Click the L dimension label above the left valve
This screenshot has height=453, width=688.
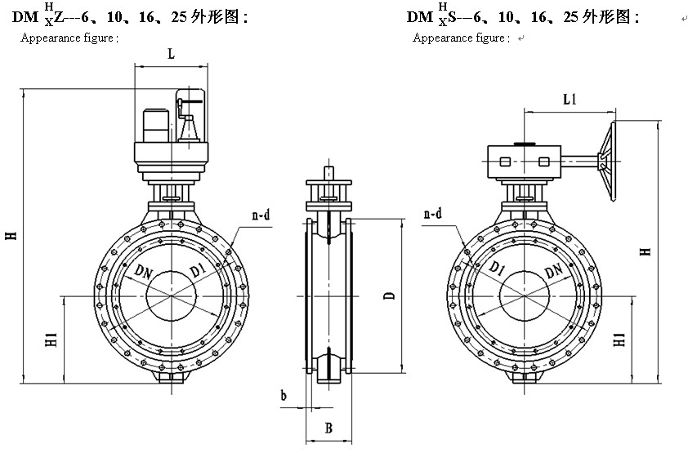coord(170,54)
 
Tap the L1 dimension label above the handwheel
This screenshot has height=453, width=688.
coord(570,99)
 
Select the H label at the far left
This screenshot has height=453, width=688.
coord(11,236)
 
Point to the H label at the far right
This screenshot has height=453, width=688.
coord(646,251)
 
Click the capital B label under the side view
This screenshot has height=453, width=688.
coord(328,428)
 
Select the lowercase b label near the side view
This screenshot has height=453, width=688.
coord(284,396)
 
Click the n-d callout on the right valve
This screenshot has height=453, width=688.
coord(432,214)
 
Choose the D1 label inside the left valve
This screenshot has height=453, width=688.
coord(197,269)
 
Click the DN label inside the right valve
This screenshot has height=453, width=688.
coord(552,270)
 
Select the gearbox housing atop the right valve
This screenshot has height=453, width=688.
coord(520,159)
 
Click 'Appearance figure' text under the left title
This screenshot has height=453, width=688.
coord(69,38)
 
